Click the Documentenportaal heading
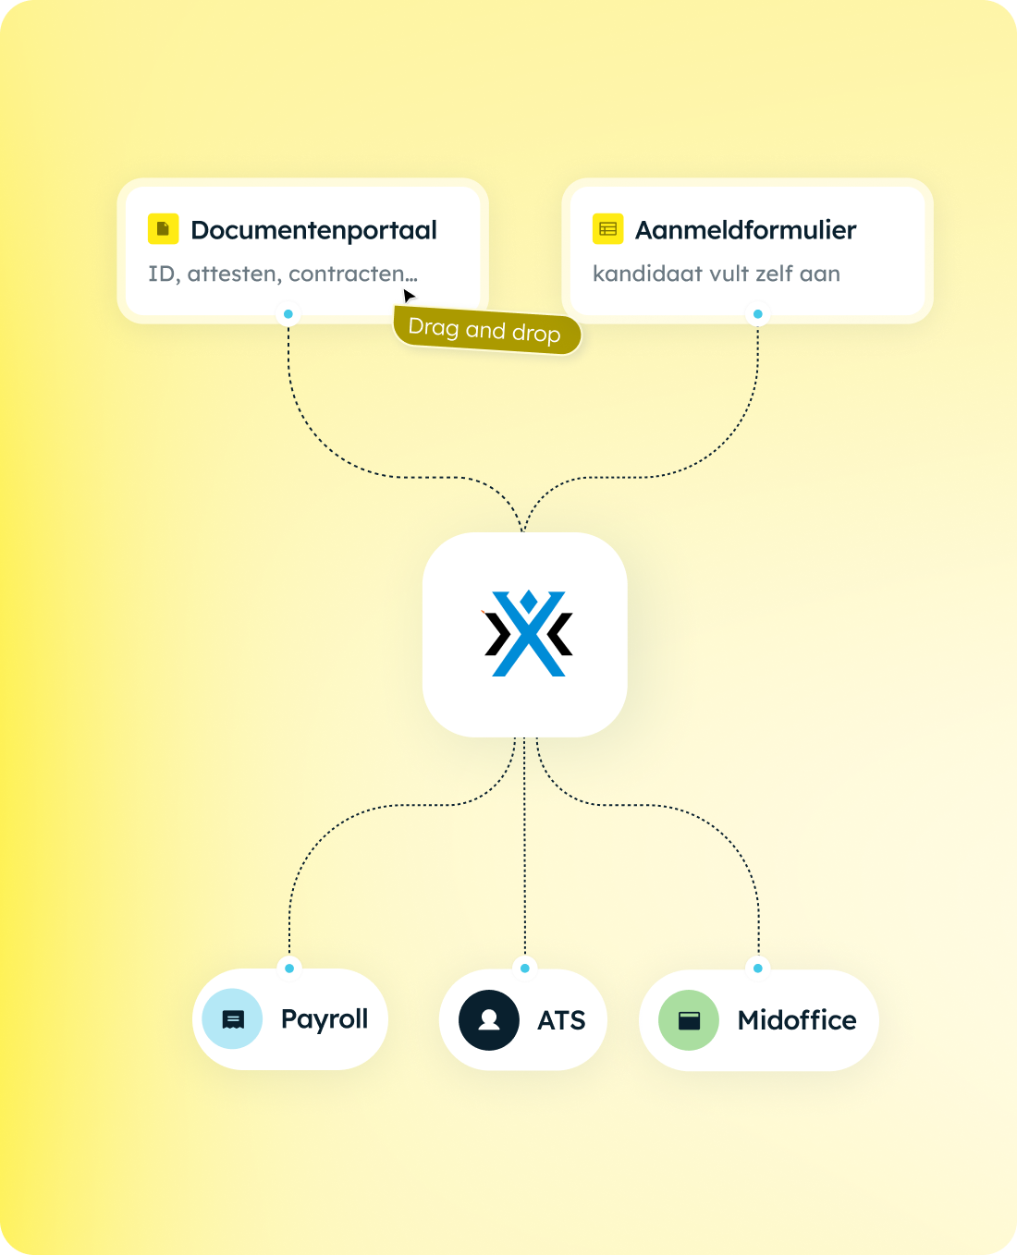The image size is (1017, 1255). coord(313,230)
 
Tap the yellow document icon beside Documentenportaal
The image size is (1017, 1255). coord(164,228)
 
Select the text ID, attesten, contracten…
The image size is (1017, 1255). coord(283,274)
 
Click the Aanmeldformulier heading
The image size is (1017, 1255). coord(745,230)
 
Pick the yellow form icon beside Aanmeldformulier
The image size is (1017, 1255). coord(607,228)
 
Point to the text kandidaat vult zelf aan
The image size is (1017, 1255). coord(717,274)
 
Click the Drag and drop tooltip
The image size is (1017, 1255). coord(486,330)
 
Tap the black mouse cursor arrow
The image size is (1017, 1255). coord(409,296)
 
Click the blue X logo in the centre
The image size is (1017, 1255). coord(528,633)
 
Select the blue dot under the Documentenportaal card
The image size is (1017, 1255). coord(288,314)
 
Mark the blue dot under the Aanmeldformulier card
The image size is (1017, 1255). coord(758,314)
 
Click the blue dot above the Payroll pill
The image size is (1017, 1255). coord(289,969)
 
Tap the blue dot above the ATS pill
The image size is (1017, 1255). coord(525,969)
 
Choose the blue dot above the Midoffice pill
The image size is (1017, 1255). coord(758,969)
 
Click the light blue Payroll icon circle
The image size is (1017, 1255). coord(232,1018)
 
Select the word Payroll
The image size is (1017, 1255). coord(325,1019)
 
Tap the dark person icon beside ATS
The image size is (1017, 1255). coord(489,1020)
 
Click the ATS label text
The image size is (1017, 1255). coord(561,1020)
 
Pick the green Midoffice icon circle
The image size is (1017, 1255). coord(689,1020)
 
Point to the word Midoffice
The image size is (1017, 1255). coord(797,1020)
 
